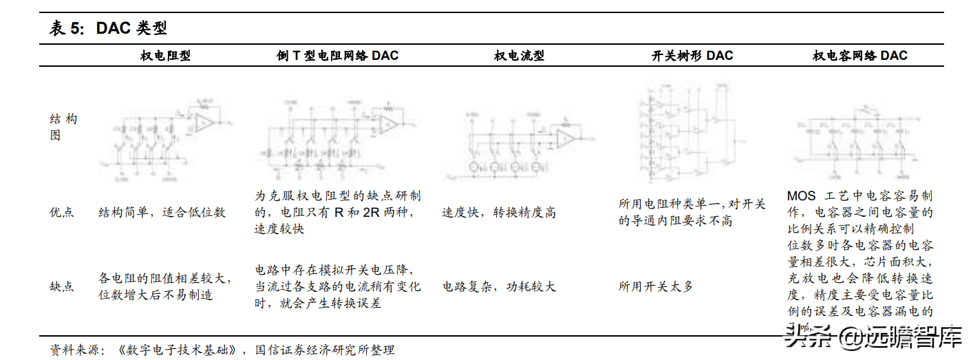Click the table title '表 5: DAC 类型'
(108, 28)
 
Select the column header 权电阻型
(165, 56)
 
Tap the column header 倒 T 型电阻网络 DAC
(333, 56)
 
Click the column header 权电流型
(519, 56)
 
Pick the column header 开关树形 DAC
(692, 56)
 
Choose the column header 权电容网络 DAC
(859, 56)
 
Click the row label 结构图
(64, 127)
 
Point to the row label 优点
(62, 213)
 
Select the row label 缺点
(62, 286)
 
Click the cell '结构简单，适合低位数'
(162, 213)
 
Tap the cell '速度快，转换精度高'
(498, 213)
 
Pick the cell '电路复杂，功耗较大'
(498, 286)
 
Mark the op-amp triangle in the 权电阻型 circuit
(204, 123)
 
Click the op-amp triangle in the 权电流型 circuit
(566, 138)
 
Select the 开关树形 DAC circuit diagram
(691, 131)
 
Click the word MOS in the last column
(801, 196)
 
